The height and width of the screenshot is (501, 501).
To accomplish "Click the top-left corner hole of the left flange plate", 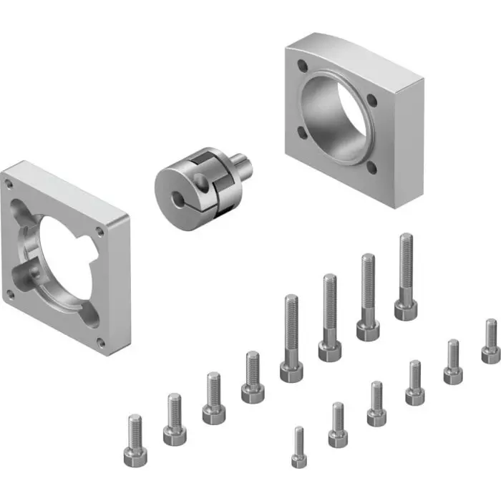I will point(9,183).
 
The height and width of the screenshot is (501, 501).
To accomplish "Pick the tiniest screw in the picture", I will point(299,447).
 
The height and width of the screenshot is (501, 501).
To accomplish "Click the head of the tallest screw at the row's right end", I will point(406,308).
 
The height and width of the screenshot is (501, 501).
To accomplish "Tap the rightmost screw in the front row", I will point(490,342).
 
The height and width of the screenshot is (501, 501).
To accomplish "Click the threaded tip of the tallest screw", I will point(406,240).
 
